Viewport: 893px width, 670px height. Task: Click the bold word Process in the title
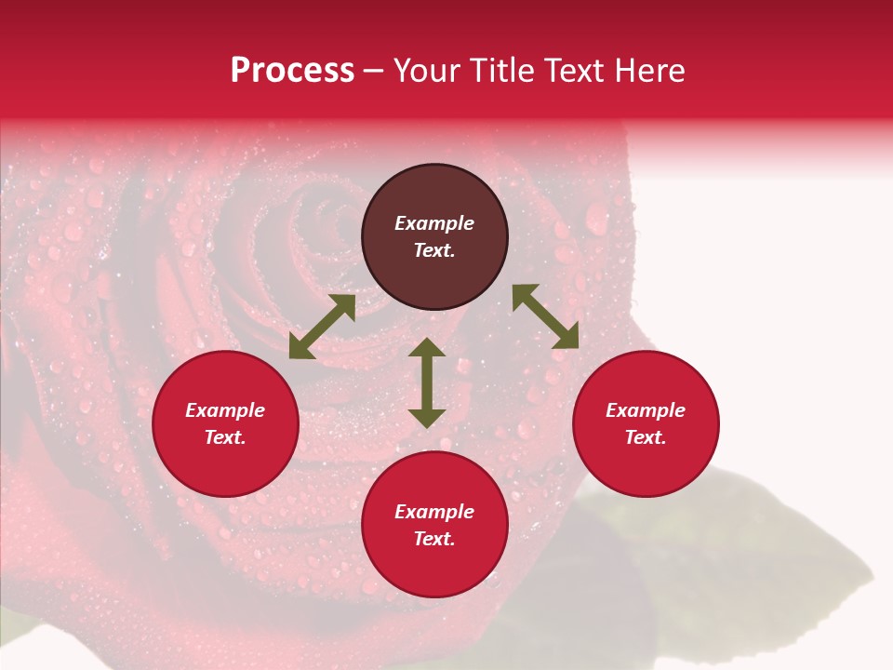point(292,71)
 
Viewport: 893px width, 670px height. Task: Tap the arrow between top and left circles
point(322,327)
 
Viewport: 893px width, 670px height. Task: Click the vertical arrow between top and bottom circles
point(427,382)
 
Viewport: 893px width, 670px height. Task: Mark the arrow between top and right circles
point(545,316)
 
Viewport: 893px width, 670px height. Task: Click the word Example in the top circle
point(434,223)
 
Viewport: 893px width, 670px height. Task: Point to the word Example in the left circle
point(225,410)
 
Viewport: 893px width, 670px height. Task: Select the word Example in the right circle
point(646,410)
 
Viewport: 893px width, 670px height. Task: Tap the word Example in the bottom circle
point(434,512)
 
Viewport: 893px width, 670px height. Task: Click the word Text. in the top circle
point(434,250)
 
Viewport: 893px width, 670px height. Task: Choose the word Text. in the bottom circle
point(434,539)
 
